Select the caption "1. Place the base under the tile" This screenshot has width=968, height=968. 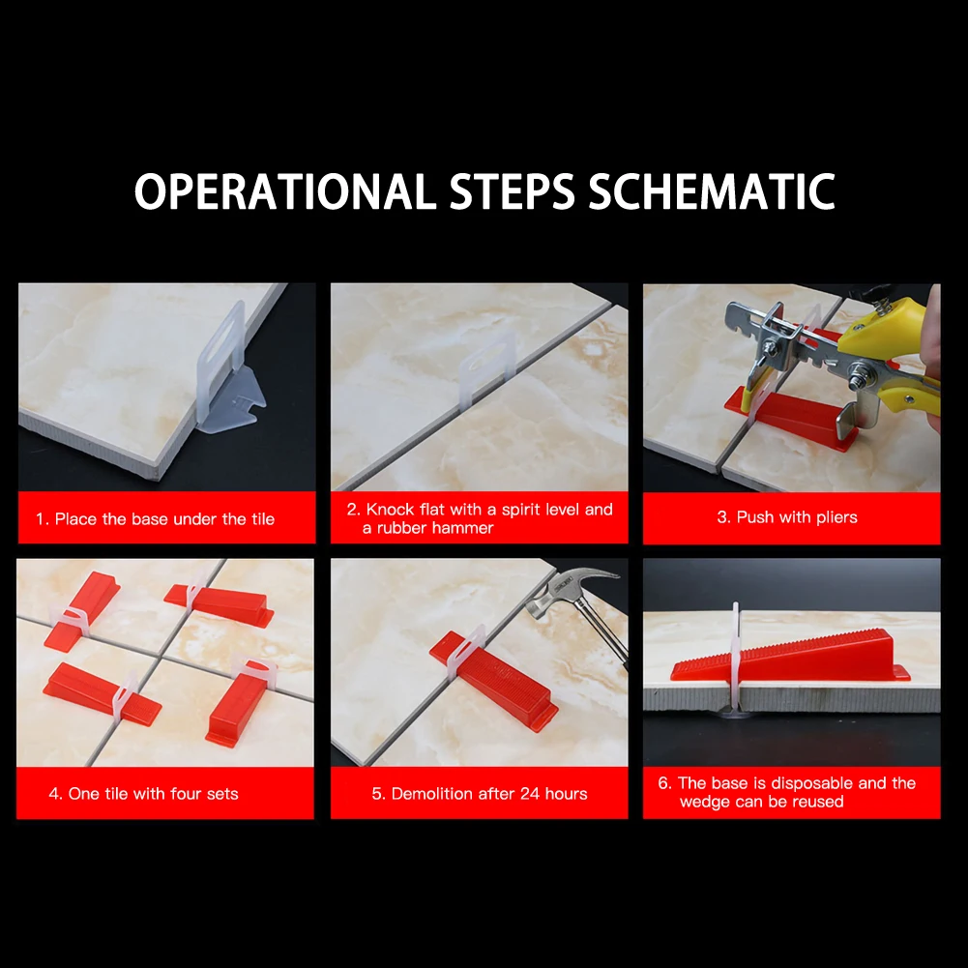pyautogui.click(x=155, y=519)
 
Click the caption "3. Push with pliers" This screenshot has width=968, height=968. pyautogui.click(x=787, y=517)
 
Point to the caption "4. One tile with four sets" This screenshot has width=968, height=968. pyautogui.click(x=144, y=794)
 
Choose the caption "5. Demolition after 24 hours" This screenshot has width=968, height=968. pyautogui.click(x=480, y=794)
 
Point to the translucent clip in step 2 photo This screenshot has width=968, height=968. pyautogui.click(x=486, y=367)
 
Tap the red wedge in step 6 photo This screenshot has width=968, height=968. pyautogui.click(x=790, y=657)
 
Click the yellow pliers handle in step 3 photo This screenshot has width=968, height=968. pyautogui.click(x=889, y=358)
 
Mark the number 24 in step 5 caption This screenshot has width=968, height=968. pyautogui.click(x=528, y=793)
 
